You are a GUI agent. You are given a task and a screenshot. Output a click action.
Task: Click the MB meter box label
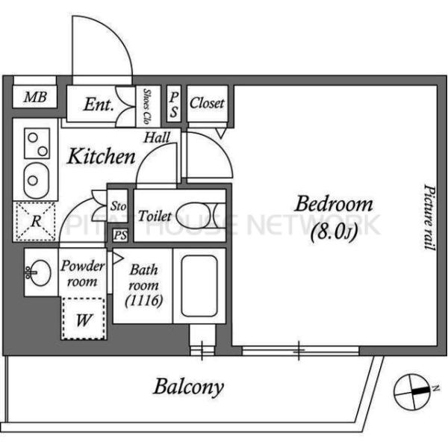point(35,97)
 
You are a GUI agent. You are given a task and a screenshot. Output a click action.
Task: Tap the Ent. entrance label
point(99,105)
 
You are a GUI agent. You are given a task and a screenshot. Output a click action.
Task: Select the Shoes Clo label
point(147,106)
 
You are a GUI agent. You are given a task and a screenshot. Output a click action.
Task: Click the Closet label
point(207,103)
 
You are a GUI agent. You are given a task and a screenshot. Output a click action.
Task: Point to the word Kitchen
point(101,157)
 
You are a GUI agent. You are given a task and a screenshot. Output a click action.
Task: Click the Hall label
point(157,137)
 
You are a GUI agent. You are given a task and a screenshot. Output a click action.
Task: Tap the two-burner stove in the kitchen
point(37,143)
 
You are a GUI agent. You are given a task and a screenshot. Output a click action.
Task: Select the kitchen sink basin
point(37,181)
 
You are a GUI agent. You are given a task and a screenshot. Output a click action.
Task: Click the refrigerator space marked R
point(35,222)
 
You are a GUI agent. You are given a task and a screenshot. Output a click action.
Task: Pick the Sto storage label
point(118,206)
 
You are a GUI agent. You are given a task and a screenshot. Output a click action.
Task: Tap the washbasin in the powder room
point(40,273)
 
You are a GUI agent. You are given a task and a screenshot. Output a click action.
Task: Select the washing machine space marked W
point(84,319)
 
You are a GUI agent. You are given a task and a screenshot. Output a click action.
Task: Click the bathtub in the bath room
point(199,286)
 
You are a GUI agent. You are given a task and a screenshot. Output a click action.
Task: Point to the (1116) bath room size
point(144,301)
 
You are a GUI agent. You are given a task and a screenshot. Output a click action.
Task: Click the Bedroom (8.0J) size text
point(334,233)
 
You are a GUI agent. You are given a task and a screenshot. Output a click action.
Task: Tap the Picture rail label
point(429,217)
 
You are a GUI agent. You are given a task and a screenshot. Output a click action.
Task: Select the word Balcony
point(188,387)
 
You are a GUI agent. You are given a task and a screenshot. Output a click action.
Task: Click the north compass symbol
point(412,392)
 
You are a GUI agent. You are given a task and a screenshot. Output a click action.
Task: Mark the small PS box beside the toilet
point(120,235)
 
